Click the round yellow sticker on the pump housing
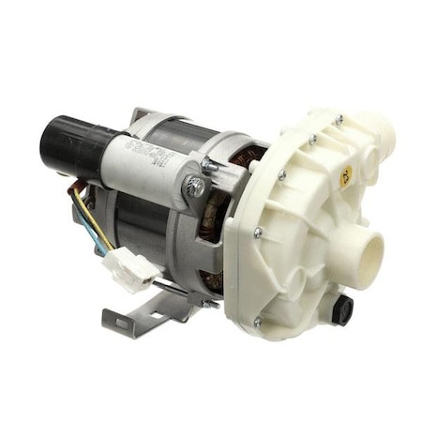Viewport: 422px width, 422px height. point(346,175)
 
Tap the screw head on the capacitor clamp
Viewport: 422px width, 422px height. point(196,187)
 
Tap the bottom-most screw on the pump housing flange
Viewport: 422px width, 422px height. point(258,322)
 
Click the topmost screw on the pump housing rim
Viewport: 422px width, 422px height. point(336,119)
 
